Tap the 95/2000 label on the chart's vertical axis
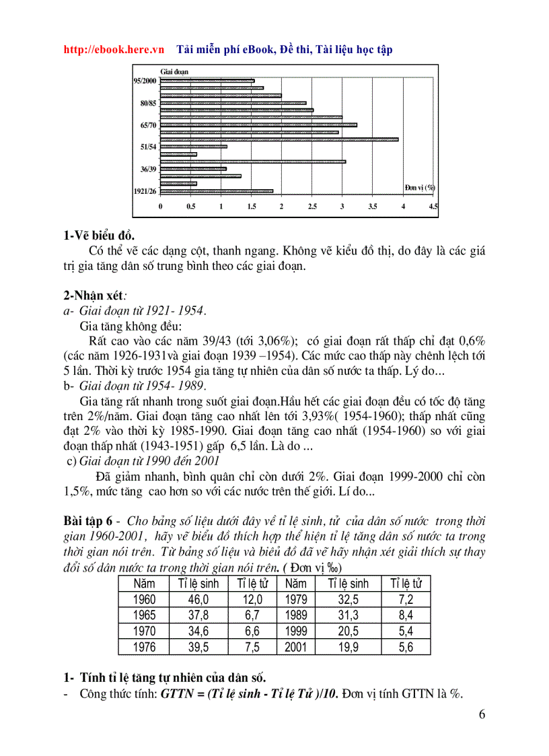(145, 81)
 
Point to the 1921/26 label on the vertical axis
(145, 191)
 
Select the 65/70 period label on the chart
(148, 125)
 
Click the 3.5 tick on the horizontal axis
(373, 207)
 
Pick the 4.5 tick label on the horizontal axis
(433, 207)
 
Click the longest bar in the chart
(279, 139)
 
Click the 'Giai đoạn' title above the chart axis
(174, 71)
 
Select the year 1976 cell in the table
(144, 647)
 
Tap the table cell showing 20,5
(348, 631)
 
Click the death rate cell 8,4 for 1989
(405, 615)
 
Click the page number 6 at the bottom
(482, 715)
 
